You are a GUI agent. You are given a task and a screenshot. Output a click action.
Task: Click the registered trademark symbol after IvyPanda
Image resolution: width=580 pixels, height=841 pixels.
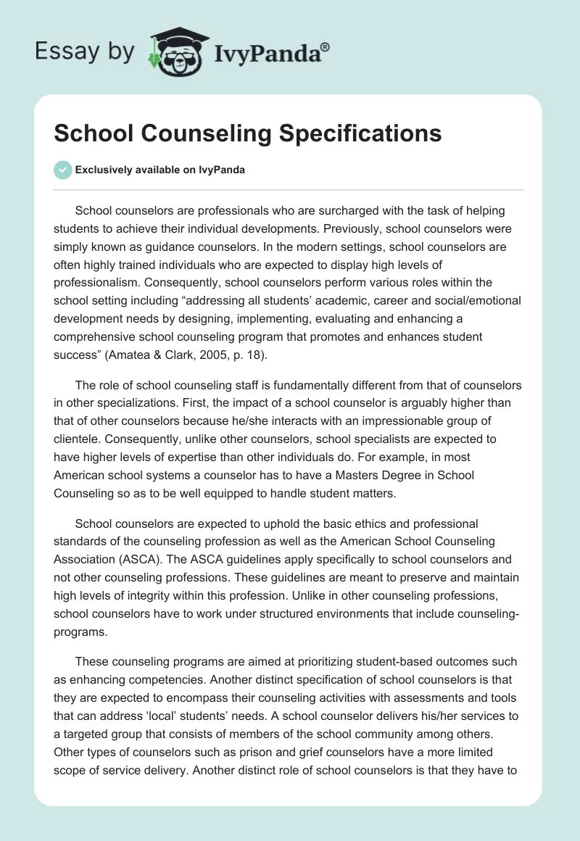(x=326, y=47)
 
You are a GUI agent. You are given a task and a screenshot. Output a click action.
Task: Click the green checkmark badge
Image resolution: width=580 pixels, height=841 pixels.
(x=63, y=170)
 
